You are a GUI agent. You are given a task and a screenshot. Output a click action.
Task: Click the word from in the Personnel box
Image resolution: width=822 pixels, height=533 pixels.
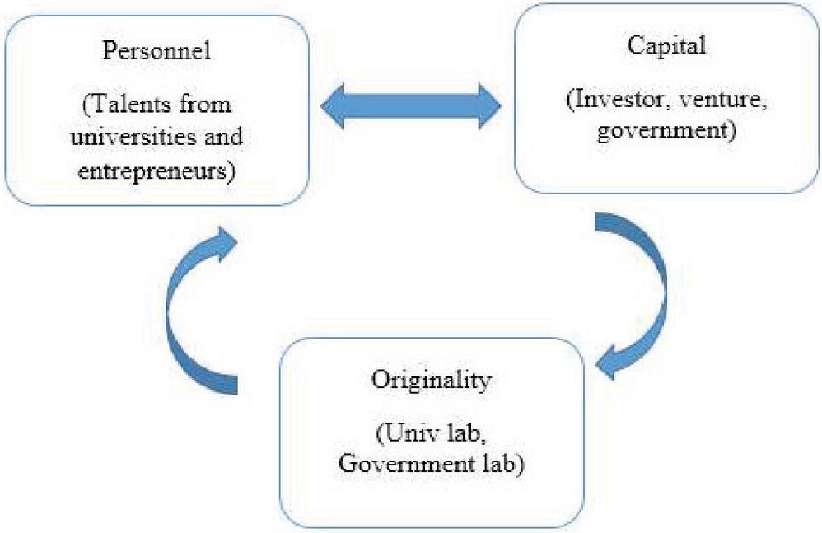point(209,105)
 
